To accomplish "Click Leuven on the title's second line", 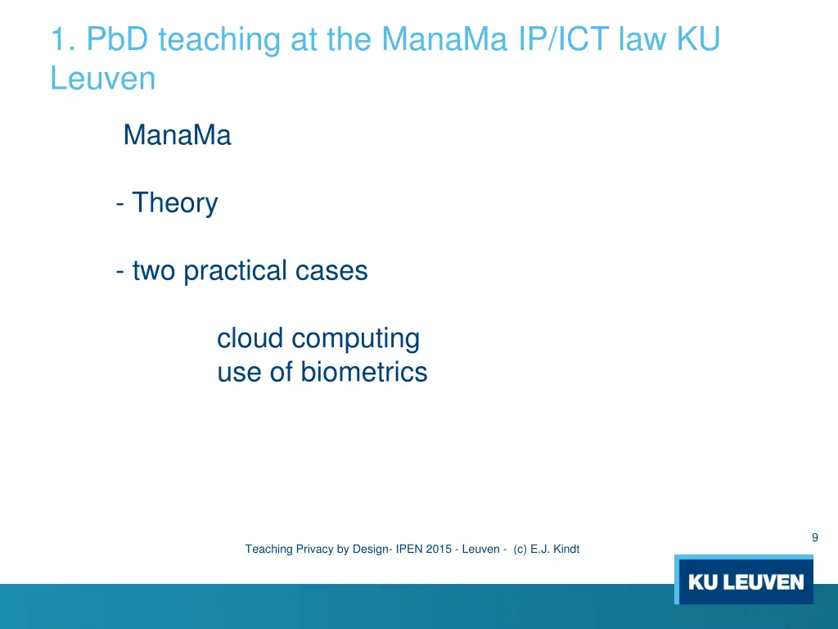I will pos(102,79).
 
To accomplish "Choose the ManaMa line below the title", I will pos(177,135).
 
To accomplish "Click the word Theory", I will pos(175,202).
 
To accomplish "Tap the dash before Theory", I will pos(120,202).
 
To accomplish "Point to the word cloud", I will pos(250,338).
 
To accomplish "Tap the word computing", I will pos(356,338).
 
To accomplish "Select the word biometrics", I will pos(363,373).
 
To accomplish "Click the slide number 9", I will pos(814,537).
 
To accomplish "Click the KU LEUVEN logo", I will pos(745,581).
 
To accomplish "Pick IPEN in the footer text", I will pos(408,550).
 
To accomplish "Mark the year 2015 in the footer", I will pos(439,550).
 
